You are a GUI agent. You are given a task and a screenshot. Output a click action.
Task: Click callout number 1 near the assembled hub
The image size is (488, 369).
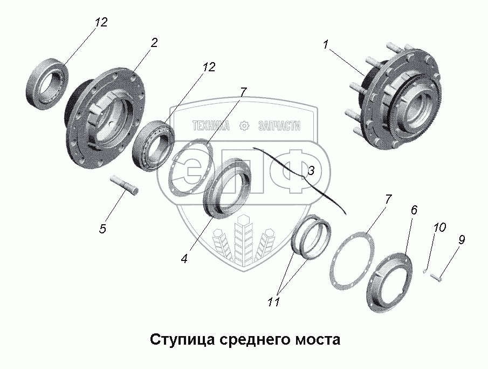[x=326, y=46]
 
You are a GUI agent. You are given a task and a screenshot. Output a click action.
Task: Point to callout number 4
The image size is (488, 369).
[x=184, y=258]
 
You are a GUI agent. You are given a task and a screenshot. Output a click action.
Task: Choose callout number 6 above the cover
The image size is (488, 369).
[x=414, y=210]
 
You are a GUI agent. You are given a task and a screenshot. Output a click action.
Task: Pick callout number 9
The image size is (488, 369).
[x=462, y=240]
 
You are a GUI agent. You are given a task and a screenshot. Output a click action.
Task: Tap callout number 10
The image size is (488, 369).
[x=439, y=227]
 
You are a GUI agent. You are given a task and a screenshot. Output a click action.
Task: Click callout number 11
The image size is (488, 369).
[x=274, y=302]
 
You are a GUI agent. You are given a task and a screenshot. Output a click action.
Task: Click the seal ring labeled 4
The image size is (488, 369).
[x=226, y=187]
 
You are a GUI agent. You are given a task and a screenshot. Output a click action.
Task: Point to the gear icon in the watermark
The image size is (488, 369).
[x=244, y=126]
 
